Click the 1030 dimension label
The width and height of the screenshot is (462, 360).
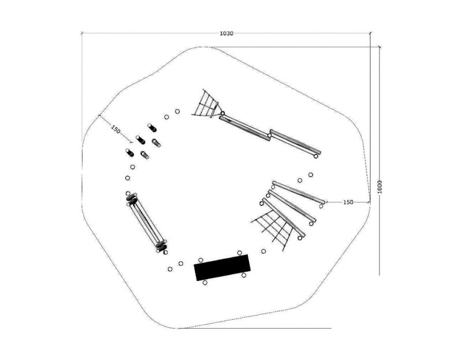[226, 34]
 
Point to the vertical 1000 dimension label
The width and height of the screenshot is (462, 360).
[379, 187]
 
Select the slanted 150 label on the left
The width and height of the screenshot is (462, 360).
[115, 129]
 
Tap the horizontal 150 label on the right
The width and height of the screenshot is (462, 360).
[348, 202]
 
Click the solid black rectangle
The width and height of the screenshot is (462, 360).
[222, 268]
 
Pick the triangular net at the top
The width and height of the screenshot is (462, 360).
[206, 104]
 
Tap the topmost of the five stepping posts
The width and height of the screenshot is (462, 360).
[152, 128]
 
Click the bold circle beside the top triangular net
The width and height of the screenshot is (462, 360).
[222, 113]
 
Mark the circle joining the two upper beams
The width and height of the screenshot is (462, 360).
[269, 135]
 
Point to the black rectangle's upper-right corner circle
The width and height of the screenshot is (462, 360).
[240, 253]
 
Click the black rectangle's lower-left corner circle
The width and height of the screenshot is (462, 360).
[205, 283]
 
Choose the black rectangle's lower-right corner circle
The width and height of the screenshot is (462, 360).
[244, 275]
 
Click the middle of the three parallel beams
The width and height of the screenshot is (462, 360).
[292, 206]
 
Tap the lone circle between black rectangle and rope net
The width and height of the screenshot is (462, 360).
[263, 251]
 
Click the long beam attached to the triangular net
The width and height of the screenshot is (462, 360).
[244, 128]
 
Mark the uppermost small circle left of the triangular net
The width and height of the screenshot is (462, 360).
[177, 111]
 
